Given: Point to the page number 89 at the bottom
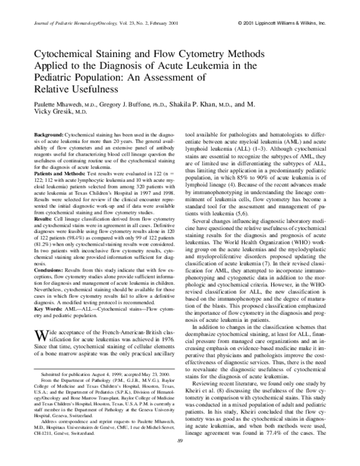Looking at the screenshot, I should [x=180, y=459].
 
